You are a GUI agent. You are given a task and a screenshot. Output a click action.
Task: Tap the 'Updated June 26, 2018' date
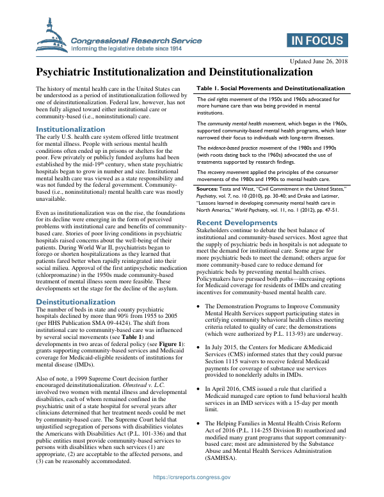coord(318,61)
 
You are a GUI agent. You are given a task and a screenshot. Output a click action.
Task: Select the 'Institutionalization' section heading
coord(70,130)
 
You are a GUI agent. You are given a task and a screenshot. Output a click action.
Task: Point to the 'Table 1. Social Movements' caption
coord(271,88)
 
